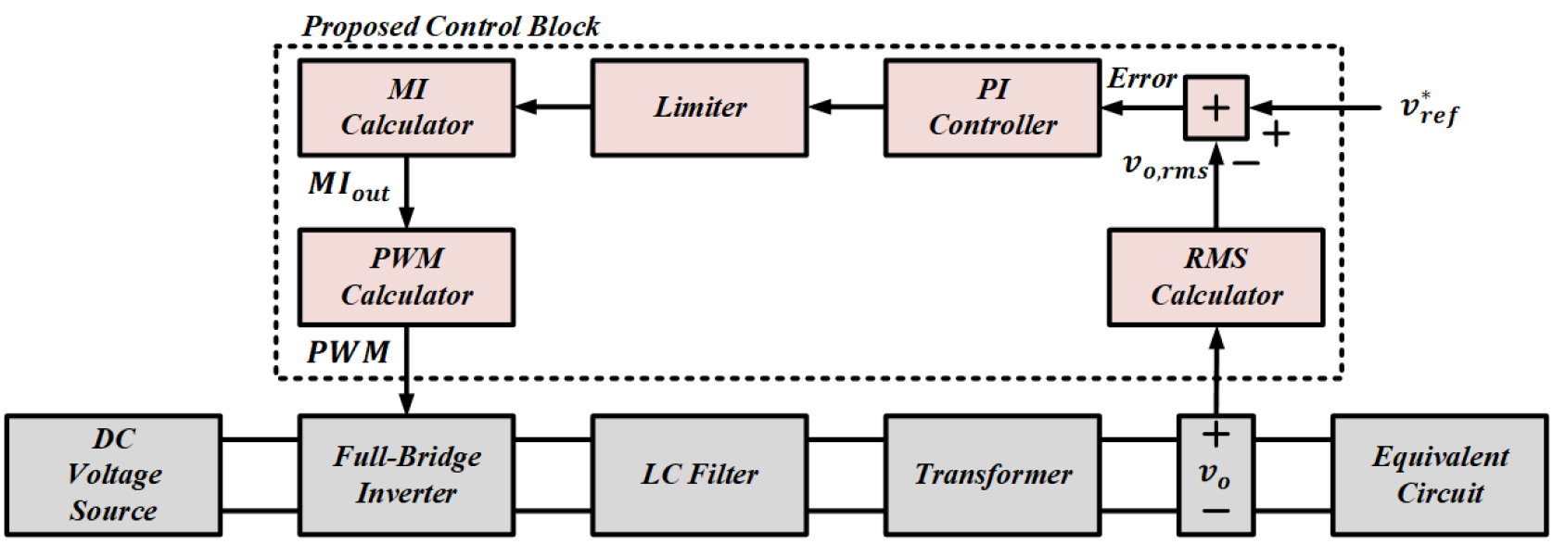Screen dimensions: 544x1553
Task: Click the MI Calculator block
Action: [406, 108]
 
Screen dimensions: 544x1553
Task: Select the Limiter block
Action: [699, 108]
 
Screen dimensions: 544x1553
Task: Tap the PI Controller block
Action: [992, 108]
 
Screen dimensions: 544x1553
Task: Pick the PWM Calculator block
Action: [406, 277]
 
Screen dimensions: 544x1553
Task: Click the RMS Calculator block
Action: [1216, 277]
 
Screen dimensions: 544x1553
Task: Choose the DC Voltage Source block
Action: [113, 474]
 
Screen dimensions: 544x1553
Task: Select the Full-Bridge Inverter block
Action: [406, 474]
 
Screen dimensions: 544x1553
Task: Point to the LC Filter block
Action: [699, 474]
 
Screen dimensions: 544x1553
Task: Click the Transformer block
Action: [992, 474]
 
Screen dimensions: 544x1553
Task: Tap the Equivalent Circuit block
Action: [1440, 474]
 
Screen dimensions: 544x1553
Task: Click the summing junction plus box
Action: [1216, 108]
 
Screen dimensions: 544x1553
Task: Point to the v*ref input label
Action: [1428, 109]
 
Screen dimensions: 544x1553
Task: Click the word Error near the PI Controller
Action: [1141, 80]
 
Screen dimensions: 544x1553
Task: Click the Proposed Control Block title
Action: [451, 26]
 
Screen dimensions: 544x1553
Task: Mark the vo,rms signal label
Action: [1165, 166]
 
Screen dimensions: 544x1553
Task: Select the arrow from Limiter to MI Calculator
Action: [554, 108]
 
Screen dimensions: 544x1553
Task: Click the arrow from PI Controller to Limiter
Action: [846, 108]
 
